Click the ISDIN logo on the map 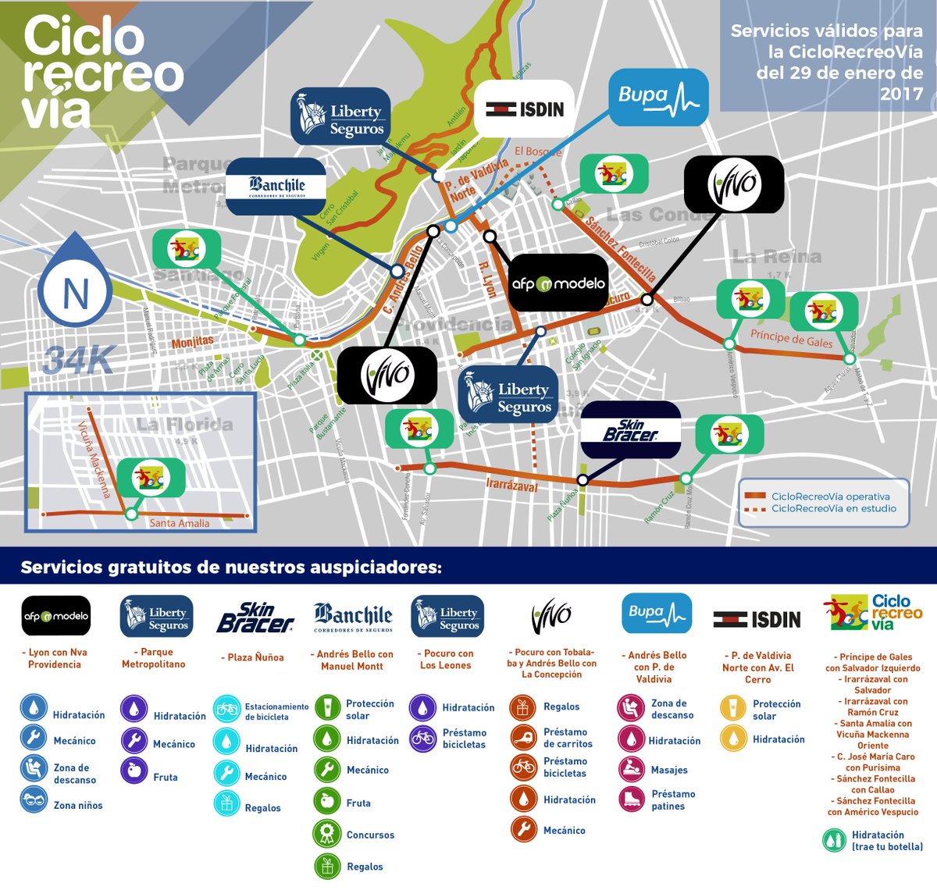[x=525, y=109]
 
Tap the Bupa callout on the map [x=658, y=98]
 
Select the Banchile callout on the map [x=276, y=187]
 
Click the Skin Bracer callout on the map [x=631, y=430]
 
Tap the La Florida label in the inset [x=184, y=425]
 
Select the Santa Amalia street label [x=179, y=523]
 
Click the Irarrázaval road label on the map [x=511, y=485]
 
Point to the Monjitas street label [x=193, y=342]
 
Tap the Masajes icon [x=630, y=769]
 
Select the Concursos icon [x=326, y=834]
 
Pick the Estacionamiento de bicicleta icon [x=226, y=709]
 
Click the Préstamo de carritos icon [x=523, y=737]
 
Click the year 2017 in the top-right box [x=901, y=94]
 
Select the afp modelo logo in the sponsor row [x=56, y=616]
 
